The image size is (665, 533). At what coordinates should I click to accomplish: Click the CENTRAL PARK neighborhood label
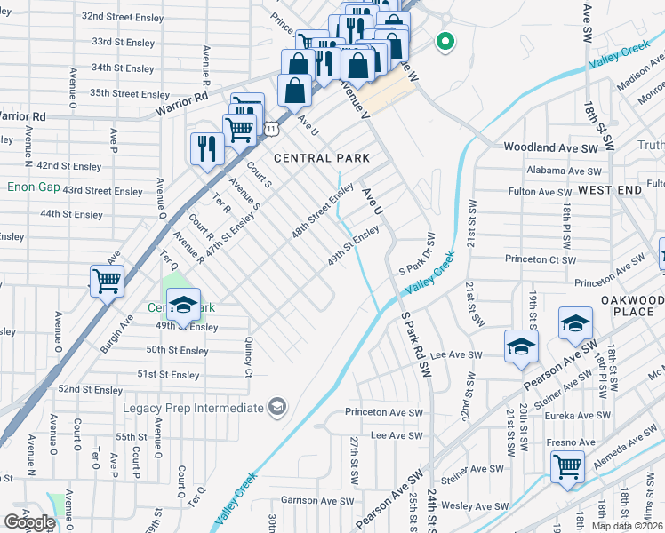click(x=321, y=158)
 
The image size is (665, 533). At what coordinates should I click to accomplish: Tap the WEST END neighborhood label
click(x=609, y=190)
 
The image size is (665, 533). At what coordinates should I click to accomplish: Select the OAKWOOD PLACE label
click(x=632, y=306)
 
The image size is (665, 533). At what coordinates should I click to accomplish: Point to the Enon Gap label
click(x=31, y=187)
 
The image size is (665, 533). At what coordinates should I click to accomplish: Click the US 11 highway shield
click(x=268, y=130)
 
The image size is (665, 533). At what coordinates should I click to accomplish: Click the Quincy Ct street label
click(x=248, y=354)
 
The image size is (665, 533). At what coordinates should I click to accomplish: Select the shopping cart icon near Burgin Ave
click(x=107, y=282)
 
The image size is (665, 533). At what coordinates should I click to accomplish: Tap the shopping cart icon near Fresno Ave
click(x=566, y=465)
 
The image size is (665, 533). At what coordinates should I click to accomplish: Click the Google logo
click(x=29, y=522)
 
